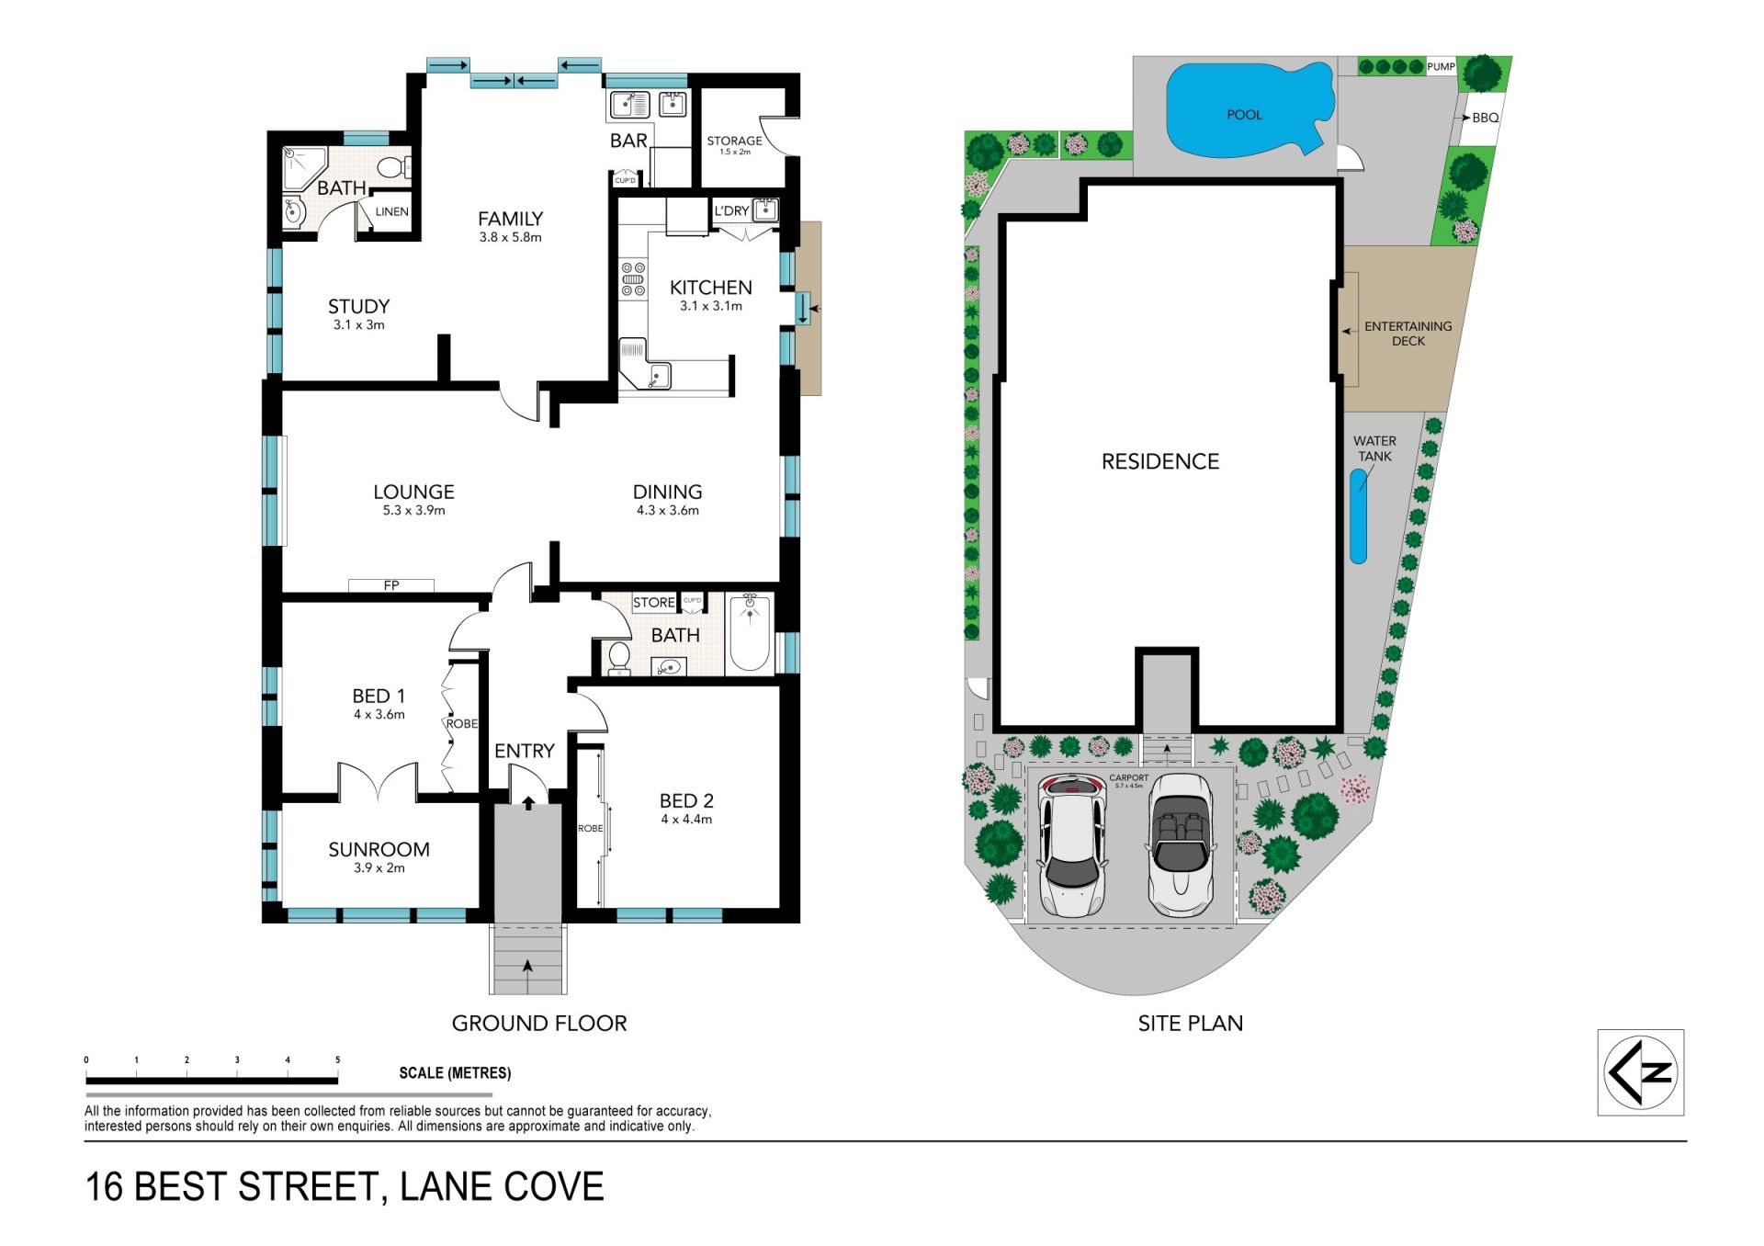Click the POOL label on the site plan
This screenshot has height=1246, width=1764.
[x=1244, y=115]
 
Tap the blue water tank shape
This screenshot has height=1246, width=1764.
[x=1358, y=516]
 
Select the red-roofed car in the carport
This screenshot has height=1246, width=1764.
[x=1071, y=845]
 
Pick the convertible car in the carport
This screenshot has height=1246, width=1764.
[x=1182, y=845]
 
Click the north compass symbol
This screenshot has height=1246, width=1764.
[x=1640, y=1072]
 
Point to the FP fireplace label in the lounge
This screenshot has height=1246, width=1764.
[x=391, y=585]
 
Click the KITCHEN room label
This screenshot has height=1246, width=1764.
[x=711, y=288]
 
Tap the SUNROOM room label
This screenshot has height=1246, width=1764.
[x=379, y=850]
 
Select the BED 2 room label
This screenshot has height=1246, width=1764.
[x=686, y=801]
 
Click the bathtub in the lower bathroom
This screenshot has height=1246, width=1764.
[x=750, y=633]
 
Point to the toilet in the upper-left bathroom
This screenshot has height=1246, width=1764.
[x=393, y=167]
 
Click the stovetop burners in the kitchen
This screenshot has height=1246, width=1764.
[x=633, y=279]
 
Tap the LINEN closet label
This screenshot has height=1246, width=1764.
[x=391, y=211]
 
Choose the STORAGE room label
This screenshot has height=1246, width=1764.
[x=734, y=141]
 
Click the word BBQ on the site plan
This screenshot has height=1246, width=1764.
[x=1486, y=118]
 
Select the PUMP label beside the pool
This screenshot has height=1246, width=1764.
[x=1441, y=66]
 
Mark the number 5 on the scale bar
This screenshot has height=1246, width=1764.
[x=337, y=1059]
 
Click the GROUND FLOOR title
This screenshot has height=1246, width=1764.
[x=539, y=1024]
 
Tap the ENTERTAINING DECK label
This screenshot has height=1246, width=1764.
[x=1408, y=334]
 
